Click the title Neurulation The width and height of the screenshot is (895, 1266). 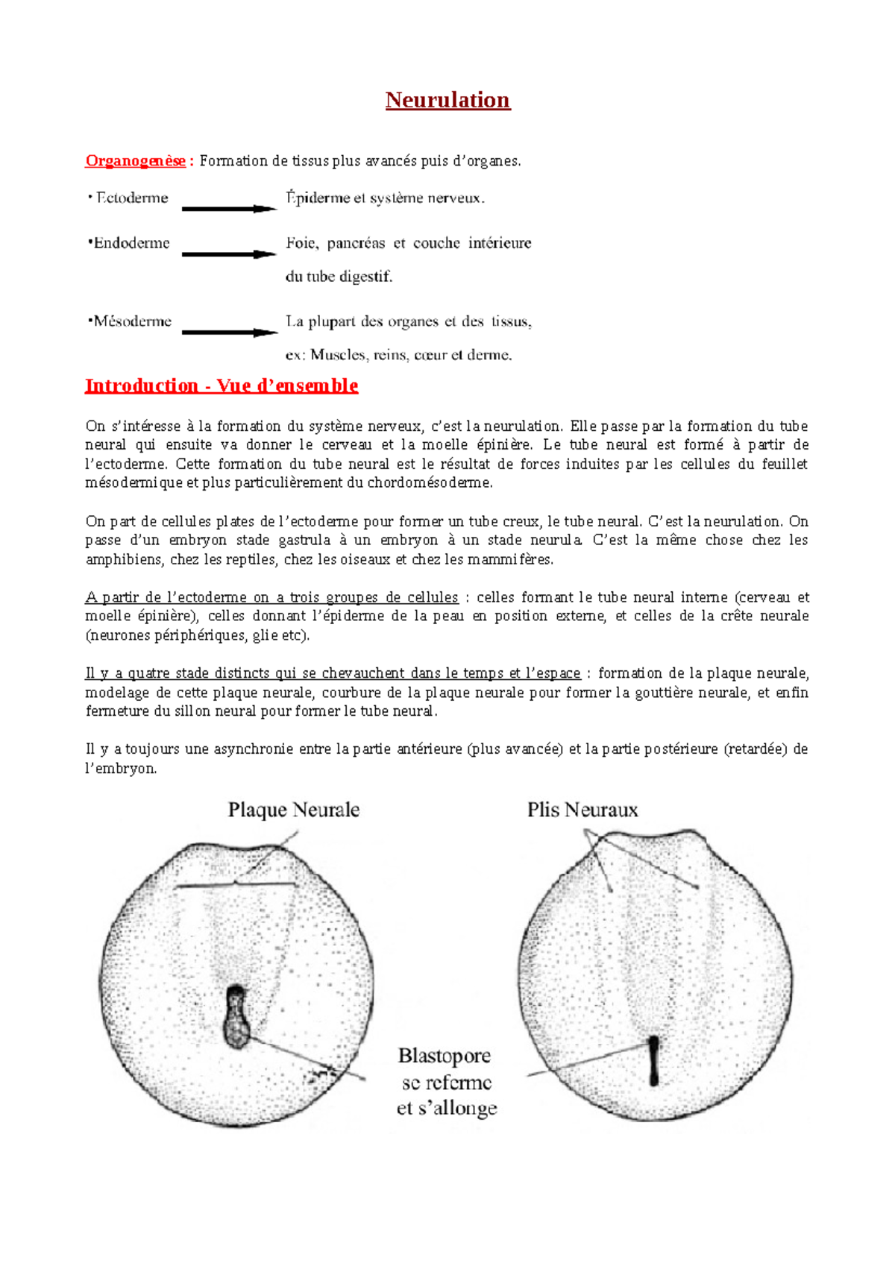click(x=447, y=100)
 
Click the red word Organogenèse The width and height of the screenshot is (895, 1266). click(x=136, y=161)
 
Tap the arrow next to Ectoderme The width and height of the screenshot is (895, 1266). click(x=229, y=209)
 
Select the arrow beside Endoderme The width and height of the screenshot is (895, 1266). click(x=229, y=254)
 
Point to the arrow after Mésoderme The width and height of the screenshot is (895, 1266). click(x=229, y=333)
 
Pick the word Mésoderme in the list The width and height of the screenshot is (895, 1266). click(x=132, y=321)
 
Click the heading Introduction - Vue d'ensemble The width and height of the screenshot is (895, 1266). click(x=222, y=385)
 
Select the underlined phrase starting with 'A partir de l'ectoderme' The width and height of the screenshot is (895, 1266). click(x=271, y=597)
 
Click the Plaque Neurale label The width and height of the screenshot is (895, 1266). click(x=294, y=810)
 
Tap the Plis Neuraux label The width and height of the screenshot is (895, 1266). click(x=582, y=810)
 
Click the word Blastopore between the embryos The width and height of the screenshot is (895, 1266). click(x=445, y=1056)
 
